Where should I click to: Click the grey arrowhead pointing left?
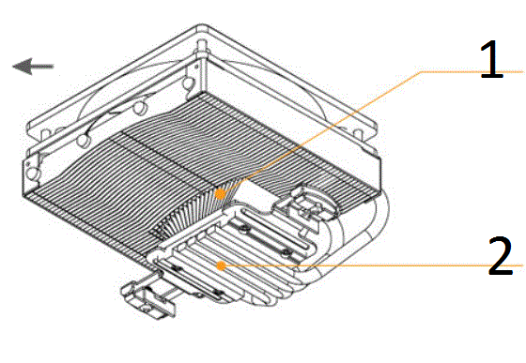click(23, 66)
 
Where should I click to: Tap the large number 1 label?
click(491, 60)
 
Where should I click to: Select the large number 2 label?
click(501, 255)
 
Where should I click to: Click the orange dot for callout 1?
click(220, 194)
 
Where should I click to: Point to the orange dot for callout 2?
click(221, 265)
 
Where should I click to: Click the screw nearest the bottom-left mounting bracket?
click(177, 268)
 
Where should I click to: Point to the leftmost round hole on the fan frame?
click(33, 173)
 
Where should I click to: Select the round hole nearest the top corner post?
click(188, 82)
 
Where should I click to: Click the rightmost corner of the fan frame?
click(380, 158)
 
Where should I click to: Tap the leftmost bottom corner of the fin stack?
click(23, 195)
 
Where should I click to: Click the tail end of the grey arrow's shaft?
click(53, 67)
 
